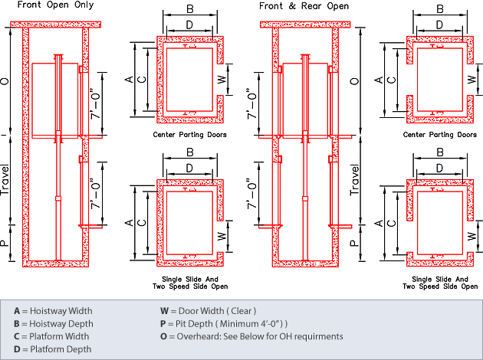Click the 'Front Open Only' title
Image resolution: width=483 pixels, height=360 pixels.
point(51,5)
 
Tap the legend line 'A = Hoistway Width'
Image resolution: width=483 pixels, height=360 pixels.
point(53,311)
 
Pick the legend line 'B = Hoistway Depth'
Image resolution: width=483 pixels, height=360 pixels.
point(53,323)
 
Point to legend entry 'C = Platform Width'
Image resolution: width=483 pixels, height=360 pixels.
point(52,336)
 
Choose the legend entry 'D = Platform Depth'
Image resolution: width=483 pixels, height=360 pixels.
point(52,349)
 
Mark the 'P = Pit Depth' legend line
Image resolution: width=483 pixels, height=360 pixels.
point(222,323)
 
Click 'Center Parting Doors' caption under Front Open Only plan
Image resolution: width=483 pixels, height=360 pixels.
point(189,135)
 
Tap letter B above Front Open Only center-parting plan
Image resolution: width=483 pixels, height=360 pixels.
point(189,9)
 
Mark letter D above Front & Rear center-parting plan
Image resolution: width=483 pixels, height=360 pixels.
point(439,25)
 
